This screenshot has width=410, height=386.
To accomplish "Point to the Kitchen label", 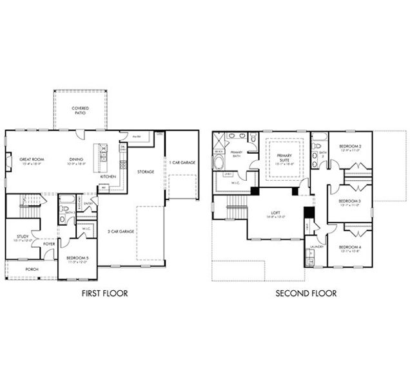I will tap(108, 175).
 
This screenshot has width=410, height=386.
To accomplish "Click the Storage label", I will tap(145, 172).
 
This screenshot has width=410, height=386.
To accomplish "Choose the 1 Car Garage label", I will tap(182, 162).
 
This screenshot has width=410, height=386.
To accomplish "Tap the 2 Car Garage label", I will tap(122, 231).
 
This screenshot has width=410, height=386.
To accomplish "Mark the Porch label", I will tap(31, 269).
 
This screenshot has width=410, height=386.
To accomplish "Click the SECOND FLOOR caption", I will tap(306, 293).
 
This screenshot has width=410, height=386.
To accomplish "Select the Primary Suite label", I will tap(284, 158).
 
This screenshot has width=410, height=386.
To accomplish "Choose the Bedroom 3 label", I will tap(350, 202).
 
